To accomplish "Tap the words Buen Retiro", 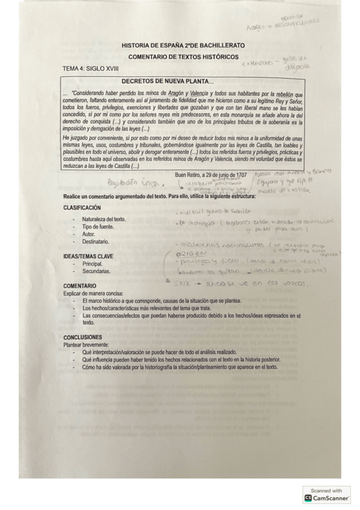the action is click(x=188, y=175).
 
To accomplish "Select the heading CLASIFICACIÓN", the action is click(x=82, y=207).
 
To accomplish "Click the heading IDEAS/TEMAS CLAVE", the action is click(x=88, y=256).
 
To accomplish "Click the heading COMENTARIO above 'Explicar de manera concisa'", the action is click(x=79, y=286).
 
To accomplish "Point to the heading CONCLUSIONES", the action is click(x=83, y=337).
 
